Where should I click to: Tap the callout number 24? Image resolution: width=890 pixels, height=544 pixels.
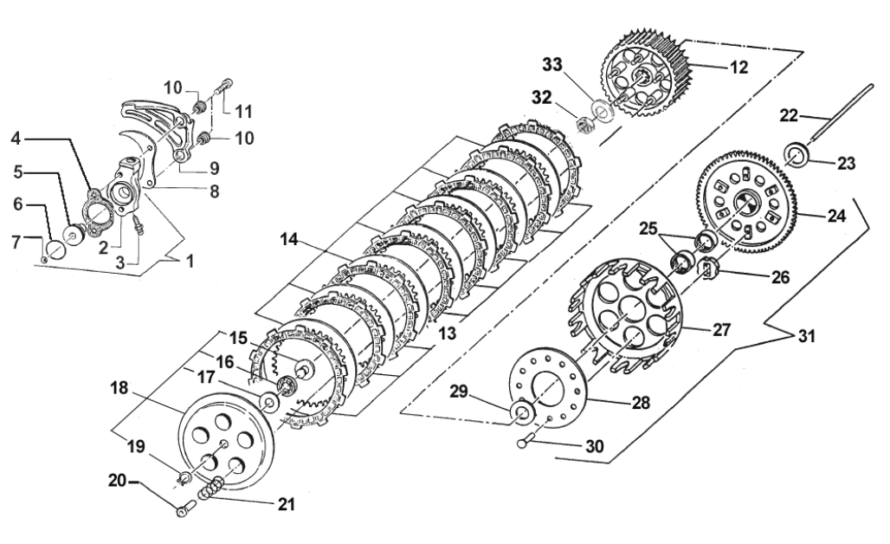835,217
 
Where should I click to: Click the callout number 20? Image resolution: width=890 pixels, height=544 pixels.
118,479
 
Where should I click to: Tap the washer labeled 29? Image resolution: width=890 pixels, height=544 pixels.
523,411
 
